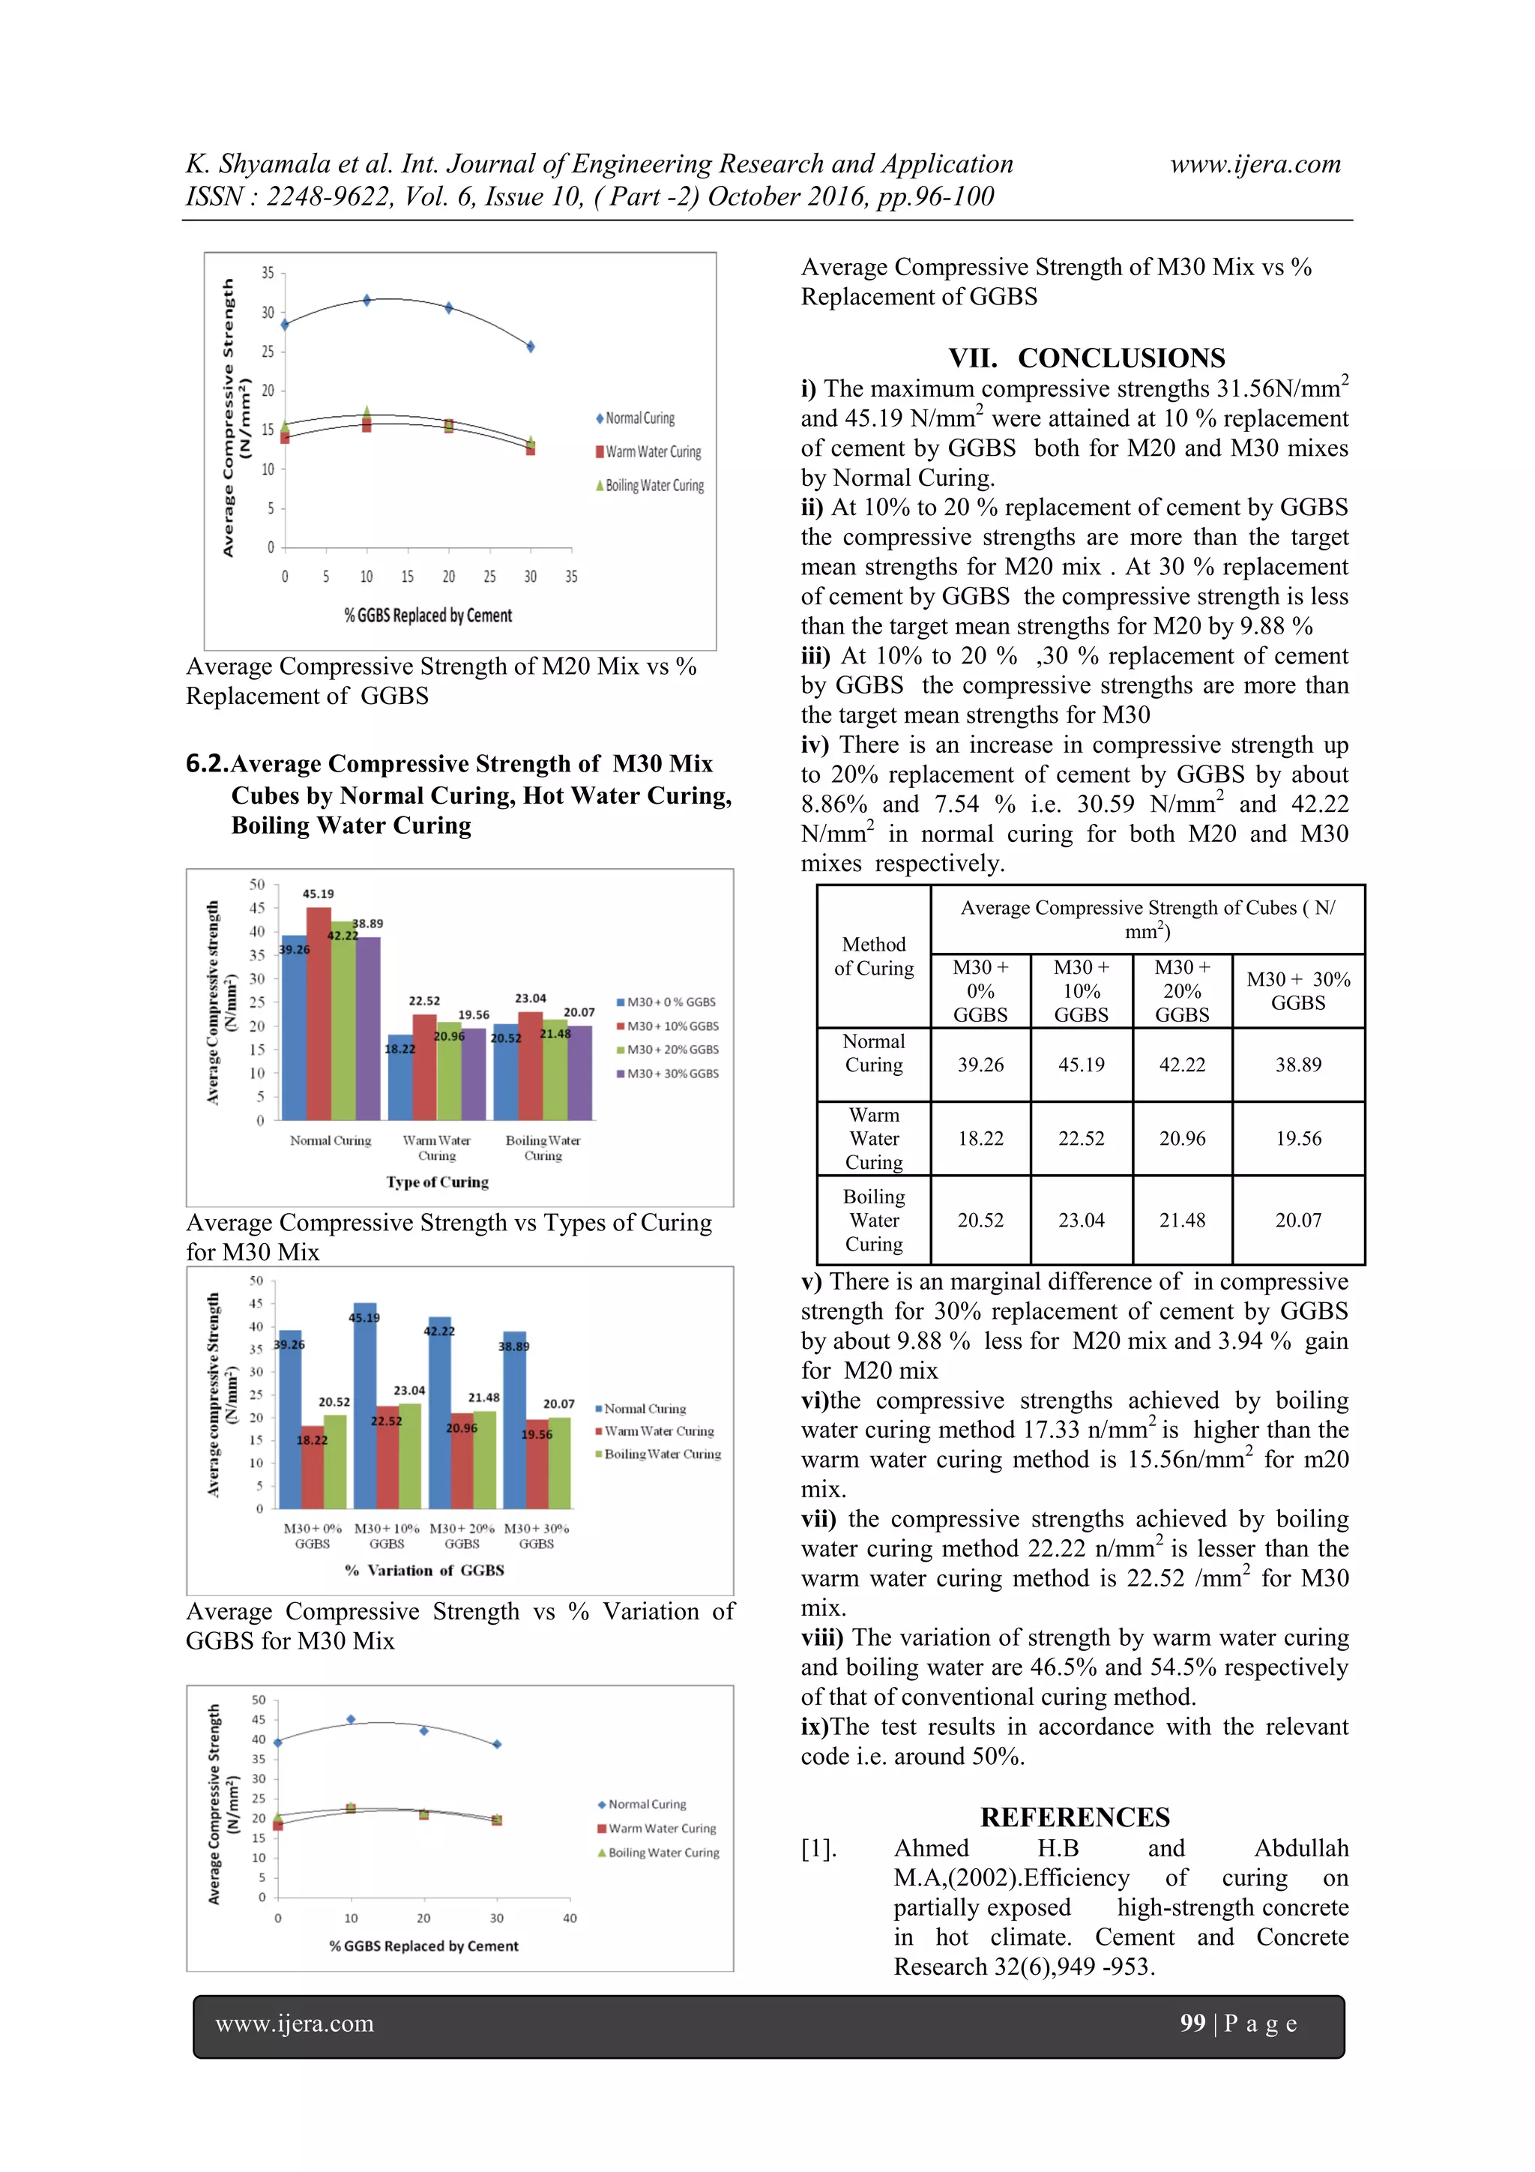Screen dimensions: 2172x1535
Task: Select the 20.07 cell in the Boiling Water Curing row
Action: pos(1297,1221)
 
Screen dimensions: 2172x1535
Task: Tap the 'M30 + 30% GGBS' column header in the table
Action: pos(1297,990)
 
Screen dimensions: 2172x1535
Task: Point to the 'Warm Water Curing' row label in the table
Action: pos(874,1138)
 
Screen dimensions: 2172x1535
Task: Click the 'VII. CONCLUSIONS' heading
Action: pos(1087,358)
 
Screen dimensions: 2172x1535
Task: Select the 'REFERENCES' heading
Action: pos(1074,1817)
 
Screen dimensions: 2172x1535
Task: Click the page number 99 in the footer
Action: pos(1192,2023)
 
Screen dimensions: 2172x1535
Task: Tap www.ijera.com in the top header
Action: pos(1255,163)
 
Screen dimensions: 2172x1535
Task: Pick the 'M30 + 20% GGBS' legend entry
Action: pos(672,1050)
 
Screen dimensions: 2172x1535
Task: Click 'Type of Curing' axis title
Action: pos(437,1182)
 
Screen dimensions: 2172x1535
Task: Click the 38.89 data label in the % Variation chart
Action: pos(513,1345)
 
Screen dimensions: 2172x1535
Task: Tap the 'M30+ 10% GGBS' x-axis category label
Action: pos(387,1535)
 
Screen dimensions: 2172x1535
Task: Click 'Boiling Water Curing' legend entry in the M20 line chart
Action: pos(654,485)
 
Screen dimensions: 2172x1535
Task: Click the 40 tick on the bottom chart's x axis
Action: pos(570,1919)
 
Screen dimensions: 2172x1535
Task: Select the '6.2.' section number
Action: pos(207,763)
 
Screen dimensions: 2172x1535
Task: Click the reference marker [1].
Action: pos(818,1848)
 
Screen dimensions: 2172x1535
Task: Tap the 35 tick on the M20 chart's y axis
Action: pos(268,274)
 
